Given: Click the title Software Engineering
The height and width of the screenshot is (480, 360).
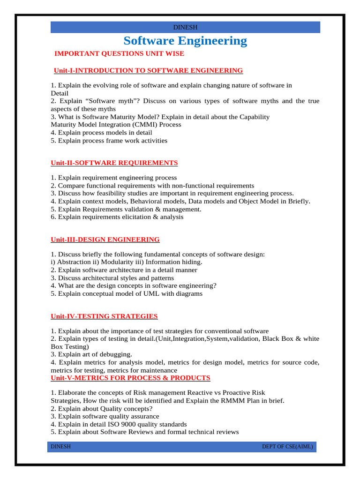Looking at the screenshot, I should pyautogui.click(x=185, y=41).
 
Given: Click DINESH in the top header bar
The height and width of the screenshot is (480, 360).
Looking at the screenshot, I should pyautogui.click(x=185, y=28).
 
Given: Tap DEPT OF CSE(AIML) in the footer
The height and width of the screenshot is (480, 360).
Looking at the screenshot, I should pyautogui.click(x=287, y=447).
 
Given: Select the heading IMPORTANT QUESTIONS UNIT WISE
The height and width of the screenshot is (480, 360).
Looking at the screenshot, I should pyautogui.click(x=120, y=53).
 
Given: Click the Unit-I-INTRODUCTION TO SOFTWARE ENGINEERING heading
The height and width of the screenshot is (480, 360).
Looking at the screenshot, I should pyautogui.click(x=148, y=71).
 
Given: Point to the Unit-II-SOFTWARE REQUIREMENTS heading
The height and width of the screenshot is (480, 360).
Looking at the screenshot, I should pyautogui.click(x=114, y=163).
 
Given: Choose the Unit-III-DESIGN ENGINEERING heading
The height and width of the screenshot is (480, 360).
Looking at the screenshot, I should pyautogui.click(x=105, y=240).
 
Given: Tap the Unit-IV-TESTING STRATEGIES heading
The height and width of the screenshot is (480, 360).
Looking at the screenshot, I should pyautogui.click(x=104, y=316).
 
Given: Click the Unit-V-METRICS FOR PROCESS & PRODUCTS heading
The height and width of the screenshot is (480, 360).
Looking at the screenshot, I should pyautogui.click(x=130, y=378).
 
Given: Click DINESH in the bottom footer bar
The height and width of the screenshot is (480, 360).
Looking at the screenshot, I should pyautogui.click(x=61, y=447).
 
